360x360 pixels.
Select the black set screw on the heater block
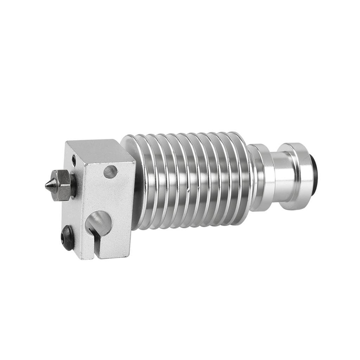tap(68, 238)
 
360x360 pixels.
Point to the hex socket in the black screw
tap(67, 238)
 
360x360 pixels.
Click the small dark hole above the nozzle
tap(73, 160)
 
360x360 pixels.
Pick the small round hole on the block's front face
tap(110, 171)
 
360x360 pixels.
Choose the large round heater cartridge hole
tap(98, 222)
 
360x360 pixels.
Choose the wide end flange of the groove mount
tap(299, 176)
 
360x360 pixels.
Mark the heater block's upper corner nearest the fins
tap(135, 163)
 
